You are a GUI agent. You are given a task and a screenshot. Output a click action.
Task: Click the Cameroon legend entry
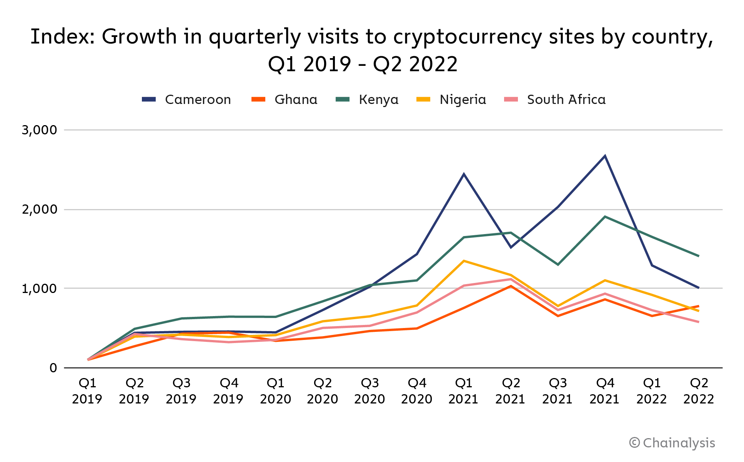coord(187,100)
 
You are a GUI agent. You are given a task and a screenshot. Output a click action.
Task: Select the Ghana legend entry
coord(285,100)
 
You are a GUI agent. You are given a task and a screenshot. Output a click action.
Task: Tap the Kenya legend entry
coord(367,100)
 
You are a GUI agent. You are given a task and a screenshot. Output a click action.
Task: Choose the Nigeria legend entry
coord(452,100)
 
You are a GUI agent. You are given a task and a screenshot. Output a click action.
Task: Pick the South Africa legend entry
coord(555,100)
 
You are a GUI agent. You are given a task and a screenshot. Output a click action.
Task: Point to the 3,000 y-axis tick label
coord(40,130)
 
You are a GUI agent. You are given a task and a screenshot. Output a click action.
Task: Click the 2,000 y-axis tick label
coord(40,210)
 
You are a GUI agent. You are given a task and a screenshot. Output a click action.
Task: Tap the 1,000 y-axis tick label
coord(40,289)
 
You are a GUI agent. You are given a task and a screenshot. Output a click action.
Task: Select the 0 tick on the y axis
coord(53,368)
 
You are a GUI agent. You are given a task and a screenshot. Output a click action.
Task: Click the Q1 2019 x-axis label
coord(87,391)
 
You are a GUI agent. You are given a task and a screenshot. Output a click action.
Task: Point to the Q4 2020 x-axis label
coord(417,391)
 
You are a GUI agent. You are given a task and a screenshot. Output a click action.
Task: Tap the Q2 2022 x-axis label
coord(699,391)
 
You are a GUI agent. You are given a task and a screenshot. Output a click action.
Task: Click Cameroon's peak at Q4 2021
coord(605,156)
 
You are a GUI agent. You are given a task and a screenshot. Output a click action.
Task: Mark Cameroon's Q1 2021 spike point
coord(464,174)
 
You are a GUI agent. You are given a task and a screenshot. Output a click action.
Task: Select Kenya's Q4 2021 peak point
coord(605,217)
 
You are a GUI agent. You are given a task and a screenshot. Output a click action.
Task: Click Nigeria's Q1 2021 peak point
coord(464,261)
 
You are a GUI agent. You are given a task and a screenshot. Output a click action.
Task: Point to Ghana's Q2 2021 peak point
coord(511,286)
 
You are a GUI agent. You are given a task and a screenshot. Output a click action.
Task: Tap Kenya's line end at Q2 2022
coord(698,256)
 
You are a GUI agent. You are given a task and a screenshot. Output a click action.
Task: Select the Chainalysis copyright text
coord(672,443)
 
